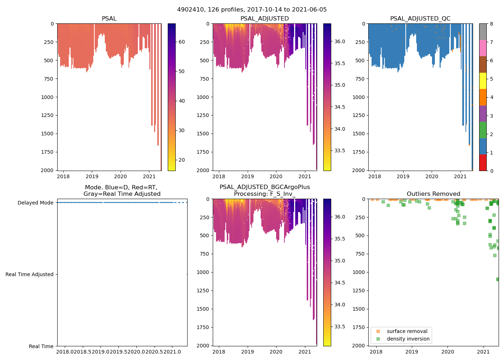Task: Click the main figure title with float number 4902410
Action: point(252,10)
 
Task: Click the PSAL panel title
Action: point(109,19)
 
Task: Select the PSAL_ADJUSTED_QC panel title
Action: point(420,19)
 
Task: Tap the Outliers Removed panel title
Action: point(433,194)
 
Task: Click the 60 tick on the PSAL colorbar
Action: point(182,42)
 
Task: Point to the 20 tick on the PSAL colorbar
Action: point(182,160)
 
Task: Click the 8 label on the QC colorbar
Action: point(492,24)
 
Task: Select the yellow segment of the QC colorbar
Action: point(483,81)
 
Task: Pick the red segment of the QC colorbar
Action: point(483,162)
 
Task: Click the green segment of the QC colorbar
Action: point(483,130)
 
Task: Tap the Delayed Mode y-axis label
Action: point(35,203)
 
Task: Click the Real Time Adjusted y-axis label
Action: point(30,274)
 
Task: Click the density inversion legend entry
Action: point(408,339)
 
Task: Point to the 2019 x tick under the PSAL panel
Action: point(92,176)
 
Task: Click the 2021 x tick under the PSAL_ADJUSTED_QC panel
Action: point(460,176)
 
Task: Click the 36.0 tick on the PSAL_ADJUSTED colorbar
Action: point(340,41)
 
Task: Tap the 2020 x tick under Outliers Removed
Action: point(448,352)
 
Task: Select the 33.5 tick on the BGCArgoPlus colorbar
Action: point(340,327)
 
